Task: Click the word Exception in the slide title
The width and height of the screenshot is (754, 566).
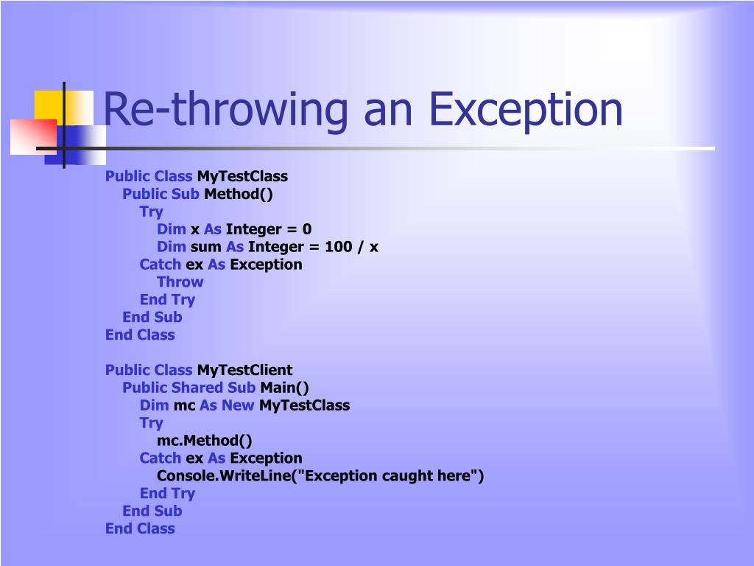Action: click(x=526, y=109)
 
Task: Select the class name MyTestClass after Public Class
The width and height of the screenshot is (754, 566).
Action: click(x=242, y=176)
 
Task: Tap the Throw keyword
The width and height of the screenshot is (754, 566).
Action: click(x=180, y=282)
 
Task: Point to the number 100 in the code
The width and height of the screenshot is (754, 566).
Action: click(x=338, y=247)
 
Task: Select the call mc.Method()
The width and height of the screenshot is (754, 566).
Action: click(x=204, y=441)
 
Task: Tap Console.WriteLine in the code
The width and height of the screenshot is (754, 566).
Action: click(x=222, y=476)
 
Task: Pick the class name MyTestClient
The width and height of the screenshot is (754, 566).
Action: click(x=244, y=370)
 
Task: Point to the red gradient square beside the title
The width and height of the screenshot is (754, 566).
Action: click(x=32, y=137)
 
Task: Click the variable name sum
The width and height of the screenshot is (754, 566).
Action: click(x=205, y=247)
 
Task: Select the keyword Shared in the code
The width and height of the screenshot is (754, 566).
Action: click(x=196, y=388)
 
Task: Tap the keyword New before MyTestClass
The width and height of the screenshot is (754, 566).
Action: click(x=238, y=405)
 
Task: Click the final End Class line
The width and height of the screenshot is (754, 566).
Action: click(x=140, y=528)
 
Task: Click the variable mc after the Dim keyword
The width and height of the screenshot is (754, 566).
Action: click(x=184, y=405)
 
